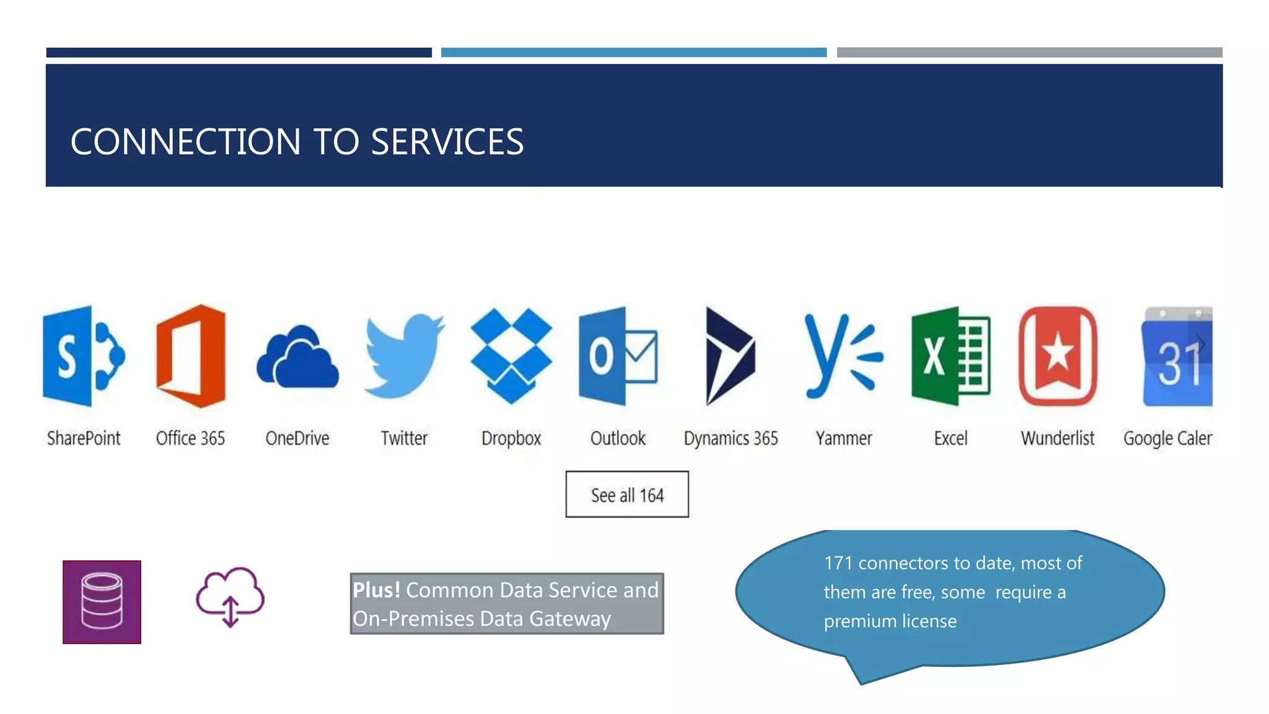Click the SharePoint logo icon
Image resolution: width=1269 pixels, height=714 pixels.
83,356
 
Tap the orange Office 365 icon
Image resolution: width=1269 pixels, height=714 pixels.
191,356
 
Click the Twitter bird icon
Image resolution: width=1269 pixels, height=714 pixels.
404,356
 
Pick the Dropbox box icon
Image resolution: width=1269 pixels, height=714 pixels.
511,356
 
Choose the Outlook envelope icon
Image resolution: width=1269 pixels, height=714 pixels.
618,356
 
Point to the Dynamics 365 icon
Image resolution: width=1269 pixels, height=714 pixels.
730,356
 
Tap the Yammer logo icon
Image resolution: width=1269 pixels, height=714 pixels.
843,356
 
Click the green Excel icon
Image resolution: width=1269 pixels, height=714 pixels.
951,356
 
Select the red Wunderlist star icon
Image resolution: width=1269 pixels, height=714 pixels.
1058,356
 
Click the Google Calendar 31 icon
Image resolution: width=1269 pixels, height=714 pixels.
1177,357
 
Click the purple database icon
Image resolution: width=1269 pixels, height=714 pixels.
102,602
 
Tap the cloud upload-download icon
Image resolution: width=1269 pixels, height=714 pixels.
230,596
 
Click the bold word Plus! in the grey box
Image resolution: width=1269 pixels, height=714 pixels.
377,590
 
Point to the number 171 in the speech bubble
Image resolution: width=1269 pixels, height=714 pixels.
838,563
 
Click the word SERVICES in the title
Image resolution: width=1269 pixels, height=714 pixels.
447,142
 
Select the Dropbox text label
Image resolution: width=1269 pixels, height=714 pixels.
511,438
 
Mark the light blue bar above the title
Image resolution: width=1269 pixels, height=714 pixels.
633,53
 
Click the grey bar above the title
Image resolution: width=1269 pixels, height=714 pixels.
1029,53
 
